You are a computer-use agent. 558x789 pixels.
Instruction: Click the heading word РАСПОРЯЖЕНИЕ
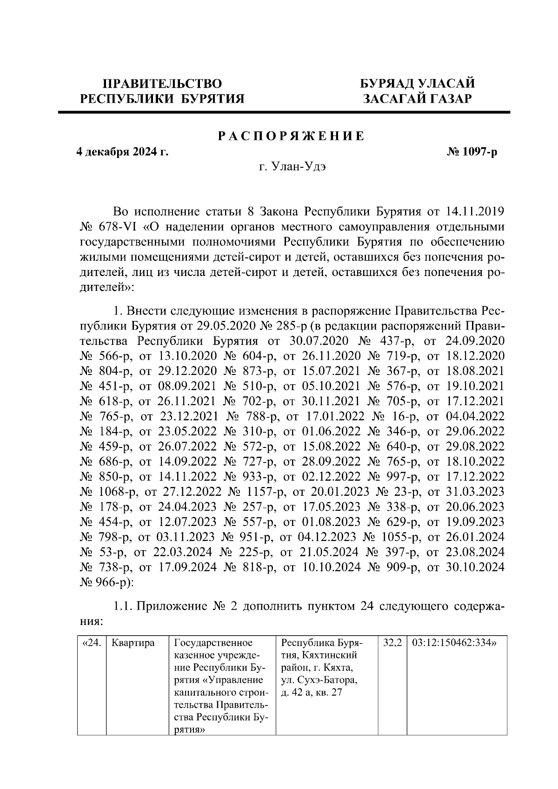pyautogui.click(x=292, y=136)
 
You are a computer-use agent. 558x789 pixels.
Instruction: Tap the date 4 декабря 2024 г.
pyautogui.click(x=122, y=152)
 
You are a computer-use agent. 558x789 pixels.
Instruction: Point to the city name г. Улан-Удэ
pyautogui.click(x=292, y=167)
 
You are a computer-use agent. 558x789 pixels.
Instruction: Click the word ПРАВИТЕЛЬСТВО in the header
pyautogui.click(x=162, y=84)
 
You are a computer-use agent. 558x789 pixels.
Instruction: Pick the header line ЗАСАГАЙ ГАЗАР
pyautogui.click(x=418, y=99)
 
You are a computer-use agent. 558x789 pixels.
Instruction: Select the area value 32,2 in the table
pyautogui.click(x=393, y=644)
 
